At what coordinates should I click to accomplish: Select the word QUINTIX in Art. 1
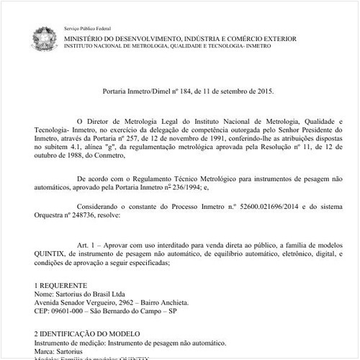click(x=53, y=254)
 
